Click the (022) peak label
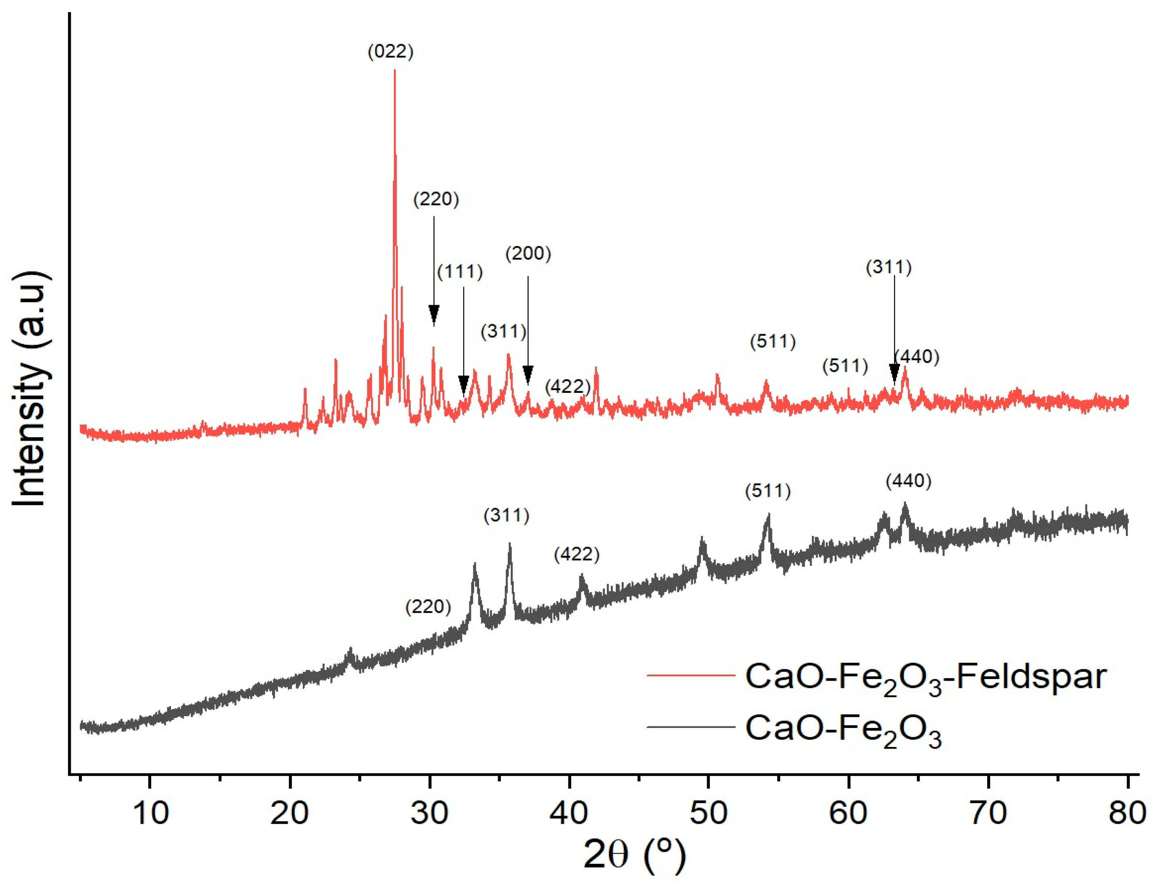[x=390, y=52]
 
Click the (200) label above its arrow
[x=528, y=254]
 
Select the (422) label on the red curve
[x=567, y=386]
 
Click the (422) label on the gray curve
[x=576, y=555]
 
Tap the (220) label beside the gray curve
[x=428, y=606]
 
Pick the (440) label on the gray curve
[x=908, y=481]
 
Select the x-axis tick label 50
[x=708, y=812]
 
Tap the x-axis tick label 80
[x=1126, y=812]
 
